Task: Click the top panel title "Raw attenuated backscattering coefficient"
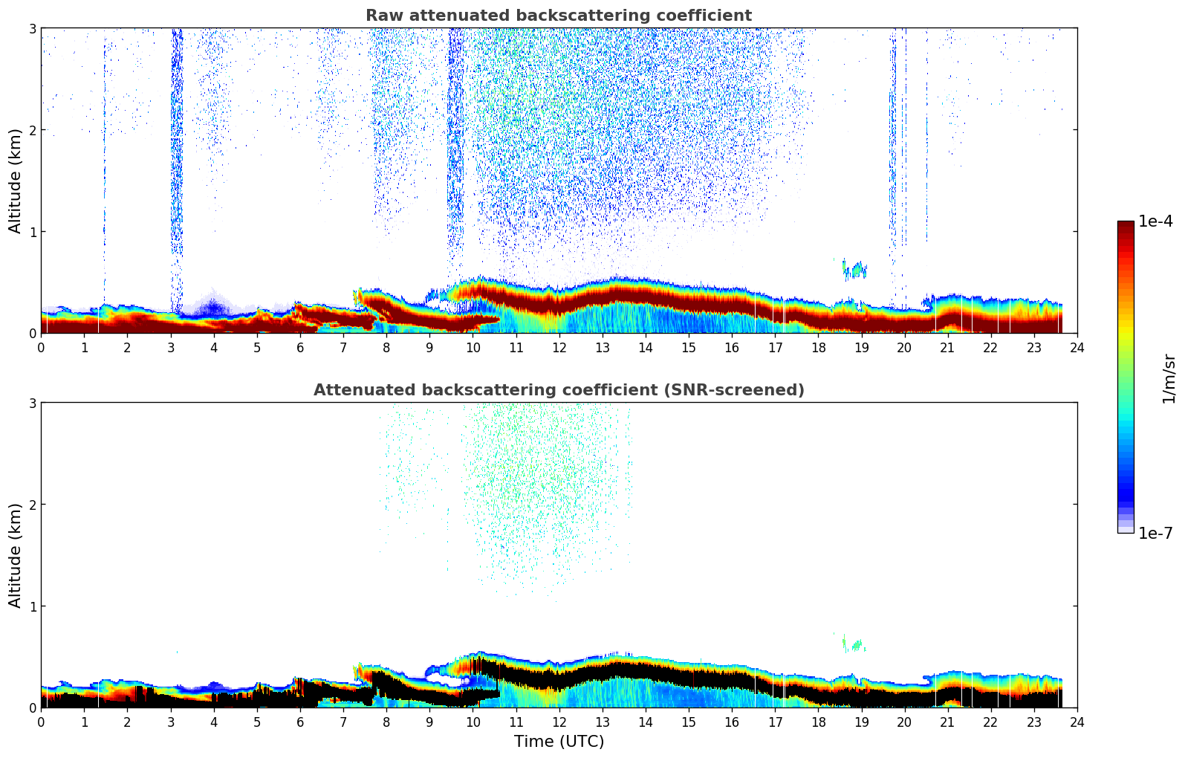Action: pos(558,16)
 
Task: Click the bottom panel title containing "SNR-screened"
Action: pos(558,390)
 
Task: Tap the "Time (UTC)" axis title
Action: pos(559,742)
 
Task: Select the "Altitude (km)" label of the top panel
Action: pos(16,181)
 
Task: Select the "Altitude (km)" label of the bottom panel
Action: pos(16,555)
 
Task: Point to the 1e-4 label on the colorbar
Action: pos(1155,221)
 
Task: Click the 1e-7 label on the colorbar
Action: pos(1155,533)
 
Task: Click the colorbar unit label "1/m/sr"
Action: pos(1169,378)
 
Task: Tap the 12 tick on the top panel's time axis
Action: pos(559,347)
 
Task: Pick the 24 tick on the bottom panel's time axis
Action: pos(1077,722)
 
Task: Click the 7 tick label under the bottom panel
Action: pos(343,722)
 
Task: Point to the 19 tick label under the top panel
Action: pos(861,347)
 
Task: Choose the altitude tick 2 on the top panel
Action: pos(33,130)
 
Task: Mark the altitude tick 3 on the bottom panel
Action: pos(33,403)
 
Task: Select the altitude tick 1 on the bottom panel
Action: pos(33,606)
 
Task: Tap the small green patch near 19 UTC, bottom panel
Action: pos(855,645)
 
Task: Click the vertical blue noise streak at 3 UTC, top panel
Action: pos(176,149)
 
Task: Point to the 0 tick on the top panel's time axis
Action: pos(41,347)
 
